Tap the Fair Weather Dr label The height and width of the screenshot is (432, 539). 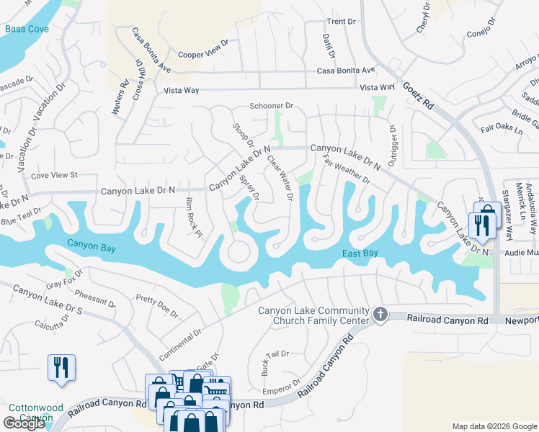click(347, 170)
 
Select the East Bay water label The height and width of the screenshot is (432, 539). click(359, 253)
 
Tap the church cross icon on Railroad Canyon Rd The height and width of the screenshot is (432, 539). click(380, 314)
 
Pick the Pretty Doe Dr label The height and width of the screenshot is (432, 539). click(156, 306)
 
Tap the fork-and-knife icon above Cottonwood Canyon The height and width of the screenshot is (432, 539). click(61, 367)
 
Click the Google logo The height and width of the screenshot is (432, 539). click(24, 423)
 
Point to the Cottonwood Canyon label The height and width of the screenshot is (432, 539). click(30, 412)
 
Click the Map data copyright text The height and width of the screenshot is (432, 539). click(494, 426)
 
